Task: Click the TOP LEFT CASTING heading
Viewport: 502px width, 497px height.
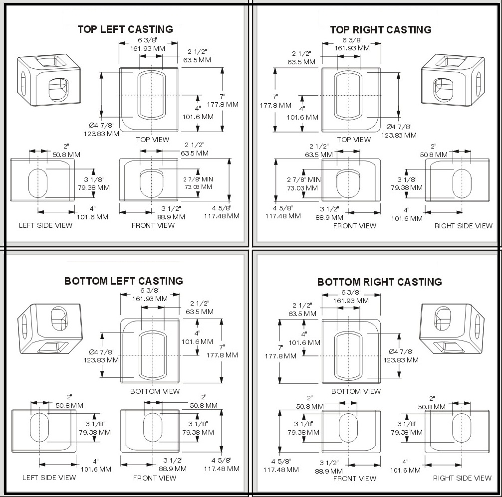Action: click(x=125, y=29)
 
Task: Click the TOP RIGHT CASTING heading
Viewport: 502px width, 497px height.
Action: click(x=380, y=30)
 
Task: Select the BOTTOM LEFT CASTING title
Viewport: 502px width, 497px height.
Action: click(x=123, y=281)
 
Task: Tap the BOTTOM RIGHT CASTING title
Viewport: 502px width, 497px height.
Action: click(x=379, y=282)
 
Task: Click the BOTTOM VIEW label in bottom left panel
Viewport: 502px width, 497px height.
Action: click(x=155, y=391)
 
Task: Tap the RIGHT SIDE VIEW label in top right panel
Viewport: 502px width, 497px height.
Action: click(x=463, y=226)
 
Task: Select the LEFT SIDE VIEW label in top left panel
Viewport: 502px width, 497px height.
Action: click(x=45, y=225)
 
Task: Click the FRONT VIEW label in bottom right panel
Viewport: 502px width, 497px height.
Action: click(x=354, y=479)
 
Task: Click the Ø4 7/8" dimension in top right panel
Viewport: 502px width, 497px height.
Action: click(x=399, y=127)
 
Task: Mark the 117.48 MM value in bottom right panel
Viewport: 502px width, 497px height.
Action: click(x=281, y=470)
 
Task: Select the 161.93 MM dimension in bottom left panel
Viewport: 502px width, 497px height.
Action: click(x=149, y=299)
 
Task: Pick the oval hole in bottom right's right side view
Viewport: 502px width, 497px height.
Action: click(x=461, y=428)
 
